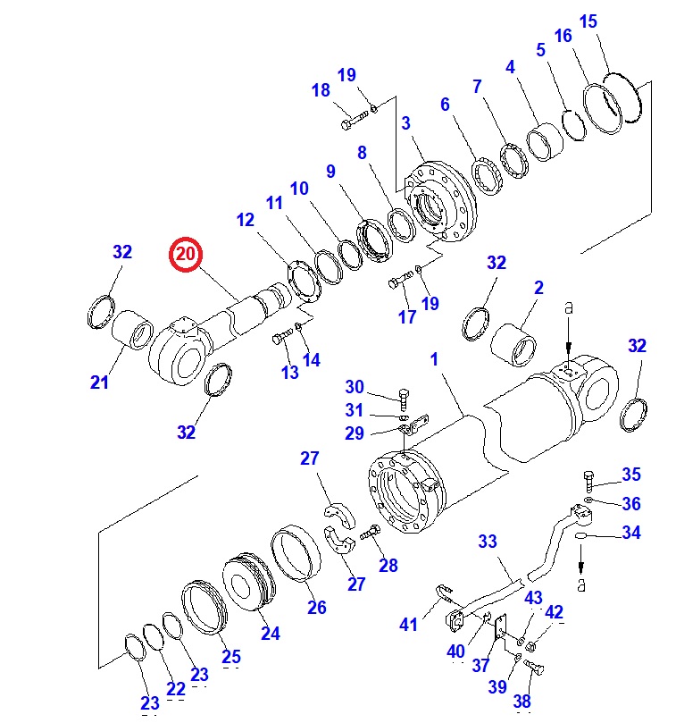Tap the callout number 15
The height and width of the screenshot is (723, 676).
pos(588,21)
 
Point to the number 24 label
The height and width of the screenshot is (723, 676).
pos(270,633)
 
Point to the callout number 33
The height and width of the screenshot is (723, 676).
pos(488,542)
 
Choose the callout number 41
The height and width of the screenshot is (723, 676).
pos(408,625)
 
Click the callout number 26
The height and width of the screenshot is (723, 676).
pos(317,608)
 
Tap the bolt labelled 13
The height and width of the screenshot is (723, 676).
pos(282,338)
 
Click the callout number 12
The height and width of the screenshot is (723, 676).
pos(246,221)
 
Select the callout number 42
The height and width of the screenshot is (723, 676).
pos(555,612)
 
